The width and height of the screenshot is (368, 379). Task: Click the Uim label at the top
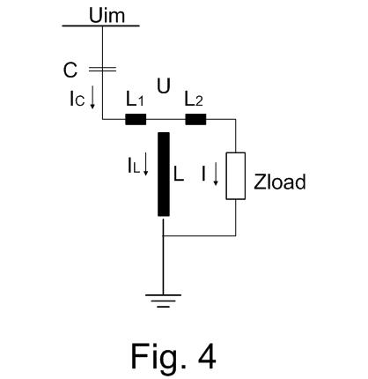[107, 15]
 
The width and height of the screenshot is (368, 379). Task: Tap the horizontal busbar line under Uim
[100, 26]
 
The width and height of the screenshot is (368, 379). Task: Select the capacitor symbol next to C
[102, 70]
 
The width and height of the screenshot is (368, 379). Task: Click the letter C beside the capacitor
[70, 71]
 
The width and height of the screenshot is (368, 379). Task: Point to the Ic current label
[77, 99]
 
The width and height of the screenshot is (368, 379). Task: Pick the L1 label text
[135, 99]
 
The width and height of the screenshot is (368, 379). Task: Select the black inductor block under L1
[136, 120]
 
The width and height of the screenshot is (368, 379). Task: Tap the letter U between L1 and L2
[164, 86]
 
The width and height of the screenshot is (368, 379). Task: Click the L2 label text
[194, 99]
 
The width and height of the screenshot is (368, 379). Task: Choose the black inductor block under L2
[195, 120]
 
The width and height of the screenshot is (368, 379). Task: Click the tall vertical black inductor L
[164, 175]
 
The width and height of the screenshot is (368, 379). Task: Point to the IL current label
[133, 166]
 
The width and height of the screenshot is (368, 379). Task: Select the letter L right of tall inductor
[179, 174]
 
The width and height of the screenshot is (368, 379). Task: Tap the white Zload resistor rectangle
[235, 176]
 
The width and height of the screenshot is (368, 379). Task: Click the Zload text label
[280, 182]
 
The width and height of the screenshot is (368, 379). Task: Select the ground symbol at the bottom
[163, 301]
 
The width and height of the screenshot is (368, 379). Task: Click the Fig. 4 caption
[173, 356]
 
